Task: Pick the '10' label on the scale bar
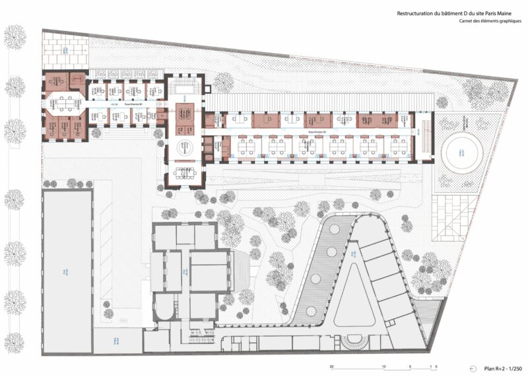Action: pyautogui.click(x=383, y=367)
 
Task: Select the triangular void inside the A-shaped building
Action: pyautogui.click(x=354, y=296)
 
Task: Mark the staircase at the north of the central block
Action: pyautogui.click(x=180, y=85)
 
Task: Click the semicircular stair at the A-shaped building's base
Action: pyautogui.click(x=354, y=345)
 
